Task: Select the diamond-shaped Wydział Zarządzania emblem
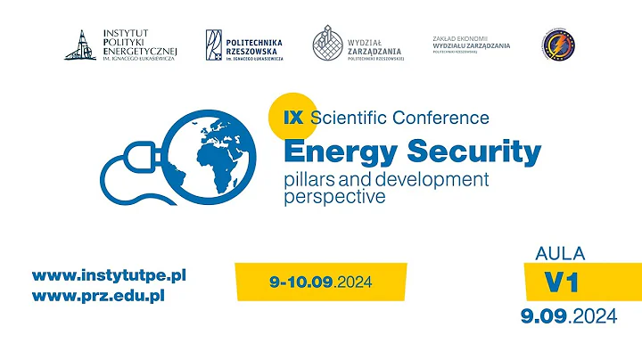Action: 328,44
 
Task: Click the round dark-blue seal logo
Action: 558,45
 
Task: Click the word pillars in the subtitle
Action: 309,179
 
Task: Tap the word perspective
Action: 334,196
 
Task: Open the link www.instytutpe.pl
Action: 109,275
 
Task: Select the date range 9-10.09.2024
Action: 319,282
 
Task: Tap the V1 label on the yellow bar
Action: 562,282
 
